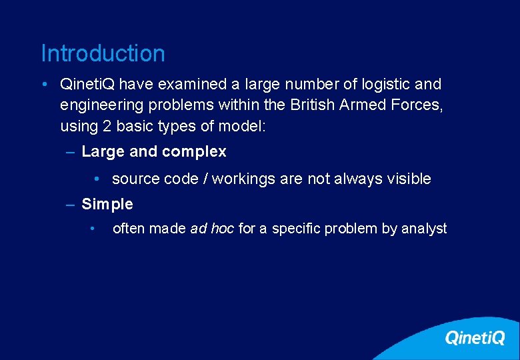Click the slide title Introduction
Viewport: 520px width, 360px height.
coord(103,53)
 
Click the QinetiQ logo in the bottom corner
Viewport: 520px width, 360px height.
coord(475,338)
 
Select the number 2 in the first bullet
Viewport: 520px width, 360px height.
coord(103,126)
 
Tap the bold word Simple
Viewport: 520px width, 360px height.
coord(107,204)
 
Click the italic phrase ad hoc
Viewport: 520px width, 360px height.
coord(212,229)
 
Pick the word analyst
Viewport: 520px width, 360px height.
coord(424,229)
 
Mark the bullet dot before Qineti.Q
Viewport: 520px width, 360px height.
coord(43,85)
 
